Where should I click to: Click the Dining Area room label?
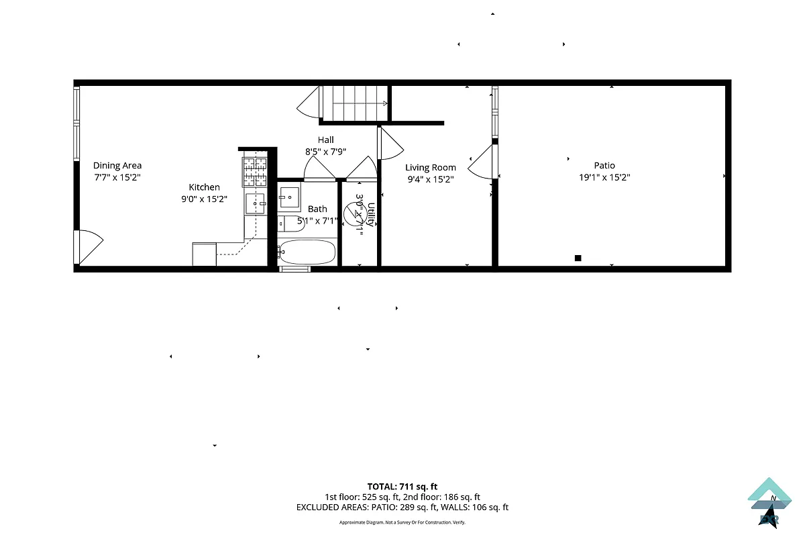[117, 165]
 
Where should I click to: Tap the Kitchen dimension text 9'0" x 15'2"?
[204, 199]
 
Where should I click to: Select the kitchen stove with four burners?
[255, 171]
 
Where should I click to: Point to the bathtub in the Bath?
[307, 252]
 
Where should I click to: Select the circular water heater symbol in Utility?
[353, 213]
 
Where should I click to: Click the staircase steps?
[356, 103]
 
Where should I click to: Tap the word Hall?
[326, 140]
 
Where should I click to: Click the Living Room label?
[430, 167]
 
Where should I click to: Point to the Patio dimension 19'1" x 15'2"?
[604, 177]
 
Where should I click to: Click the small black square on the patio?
[578, 258]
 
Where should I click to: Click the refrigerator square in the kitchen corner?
[204, 254]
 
